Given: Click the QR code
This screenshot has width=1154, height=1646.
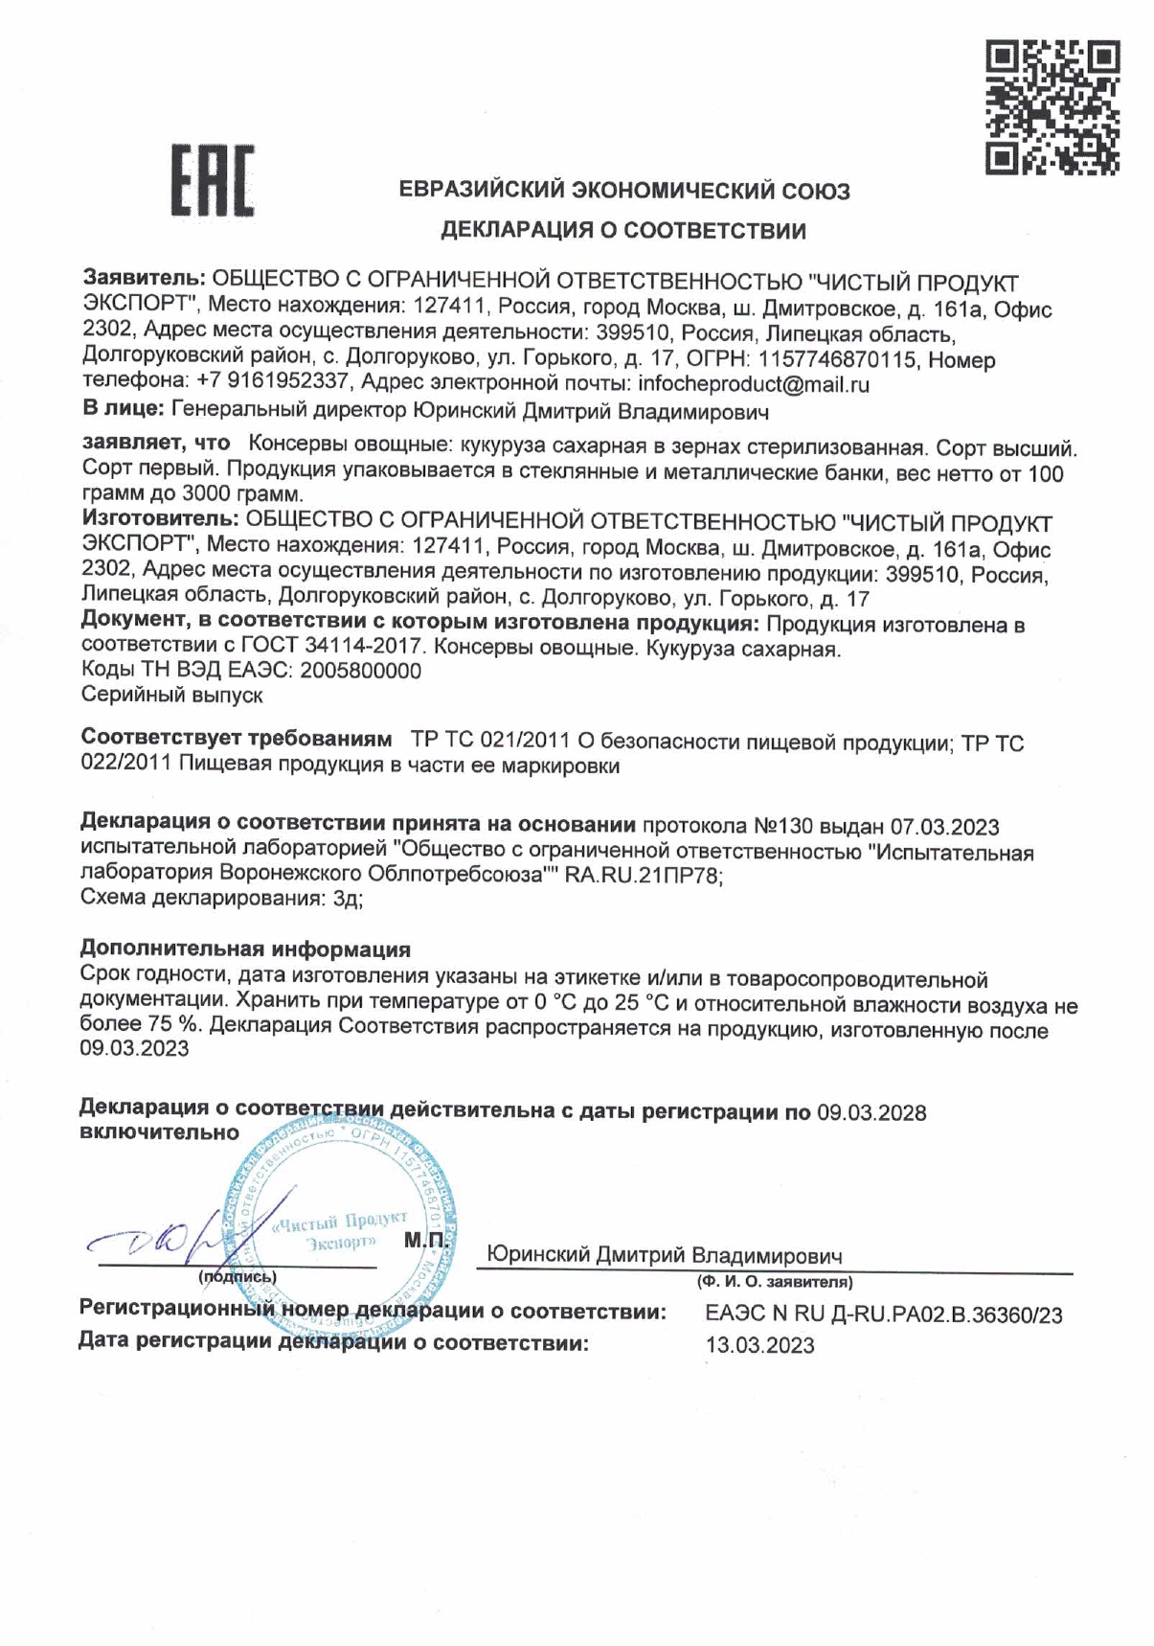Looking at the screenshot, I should [1052, 107].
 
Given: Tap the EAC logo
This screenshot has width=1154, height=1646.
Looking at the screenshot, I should [213, 180].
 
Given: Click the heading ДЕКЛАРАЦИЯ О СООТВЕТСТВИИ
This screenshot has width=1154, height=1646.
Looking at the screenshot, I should [622, 231].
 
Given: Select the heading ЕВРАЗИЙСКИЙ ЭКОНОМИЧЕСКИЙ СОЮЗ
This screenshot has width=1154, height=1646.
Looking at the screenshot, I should [624, 191].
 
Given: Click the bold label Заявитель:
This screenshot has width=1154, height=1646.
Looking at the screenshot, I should [144, 280].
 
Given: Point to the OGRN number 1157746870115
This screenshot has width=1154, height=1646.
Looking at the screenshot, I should [837, 360].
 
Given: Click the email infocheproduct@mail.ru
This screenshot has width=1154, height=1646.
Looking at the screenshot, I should [753, 385].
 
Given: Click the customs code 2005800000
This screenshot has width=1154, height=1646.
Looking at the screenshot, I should [360, 671].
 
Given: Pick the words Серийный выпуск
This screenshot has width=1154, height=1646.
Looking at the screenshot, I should [171, 695].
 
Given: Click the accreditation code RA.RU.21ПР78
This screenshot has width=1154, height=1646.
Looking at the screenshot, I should [643, 875].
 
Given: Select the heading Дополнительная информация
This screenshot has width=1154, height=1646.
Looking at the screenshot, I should [245, 949].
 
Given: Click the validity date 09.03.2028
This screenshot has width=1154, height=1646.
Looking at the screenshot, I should [871, 1112].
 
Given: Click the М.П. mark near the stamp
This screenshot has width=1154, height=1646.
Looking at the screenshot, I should [424, 1241].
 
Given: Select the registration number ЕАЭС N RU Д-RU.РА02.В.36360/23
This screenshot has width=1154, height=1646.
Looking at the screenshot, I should [883, 1315].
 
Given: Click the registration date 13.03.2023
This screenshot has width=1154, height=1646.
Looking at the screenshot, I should [759, 1345].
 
